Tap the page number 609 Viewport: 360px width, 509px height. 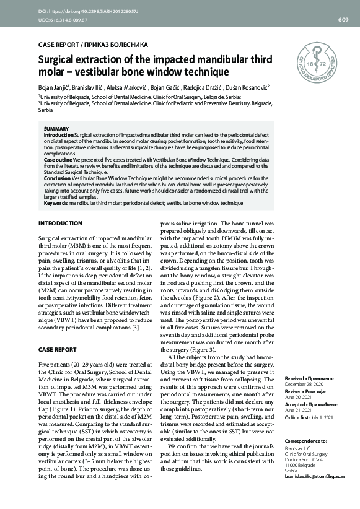point(343,20)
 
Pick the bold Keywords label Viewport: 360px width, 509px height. point(56,202)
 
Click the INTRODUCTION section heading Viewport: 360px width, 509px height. point(60,223)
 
